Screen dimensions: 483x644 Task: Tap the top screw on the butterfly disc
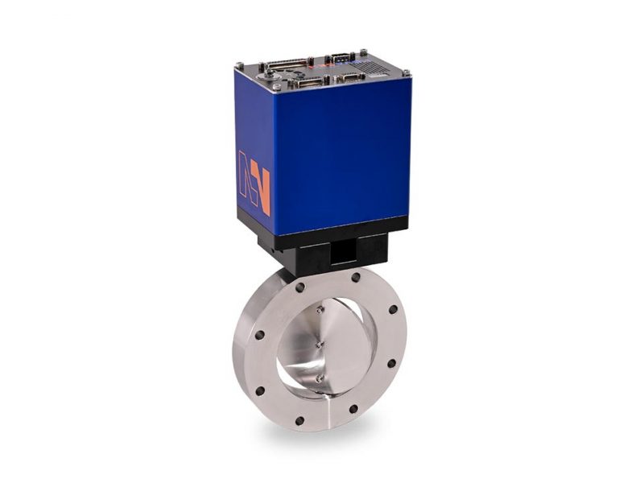tap(320, 308)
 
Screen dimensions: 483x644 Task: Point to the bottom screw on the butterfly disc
tap(319, 377)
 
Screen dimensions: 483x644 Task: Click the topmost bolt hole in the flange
tap(356, 277)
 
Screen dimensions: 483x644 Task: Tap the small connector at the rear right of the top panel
tap(341, 57)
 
